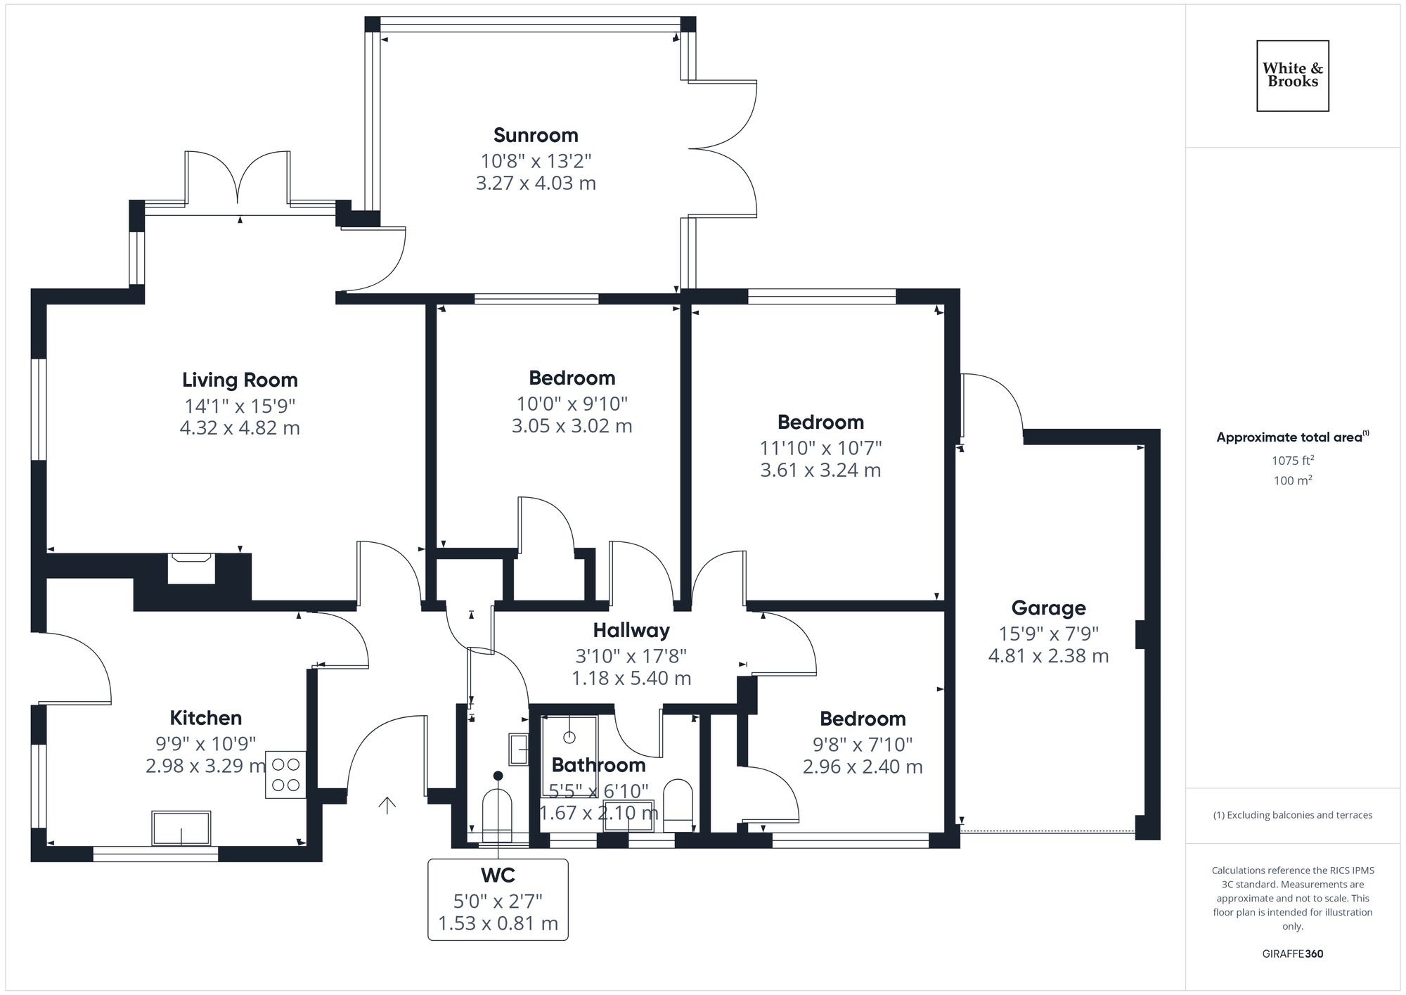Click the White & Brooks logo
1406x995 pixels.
(1292, 76)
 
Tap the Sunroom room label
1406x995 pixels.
(536, 135)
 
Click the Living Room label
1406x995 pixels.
(240, 380)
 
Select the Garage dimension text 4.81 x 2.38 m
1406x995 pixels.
(1048, 656)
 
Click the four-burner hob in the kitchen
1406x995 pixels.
(285, 774)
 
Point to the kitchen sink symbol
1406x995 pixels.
(181, 828)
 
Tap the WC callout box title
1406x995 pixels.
(498, 875)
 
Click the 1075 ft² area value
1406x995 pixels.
(1292, 461)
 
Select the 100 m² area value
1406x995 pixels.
(1292, 481)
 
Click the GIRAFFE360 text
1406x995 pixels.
(1292, 954)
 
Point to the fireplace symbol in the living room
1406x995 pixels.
(191, 568)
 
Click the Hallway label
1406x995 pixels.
(631, 630)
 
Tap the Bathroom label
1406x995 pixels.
(598, 765)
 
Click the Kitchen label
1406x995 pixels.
(205, 718)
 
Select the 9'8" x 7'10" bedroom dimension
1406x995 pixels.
(863, 744)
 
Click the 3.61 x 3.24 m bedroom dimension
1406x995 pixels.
(820, 470)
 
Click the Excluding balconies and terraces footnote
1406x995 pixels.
(1292, 816)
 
